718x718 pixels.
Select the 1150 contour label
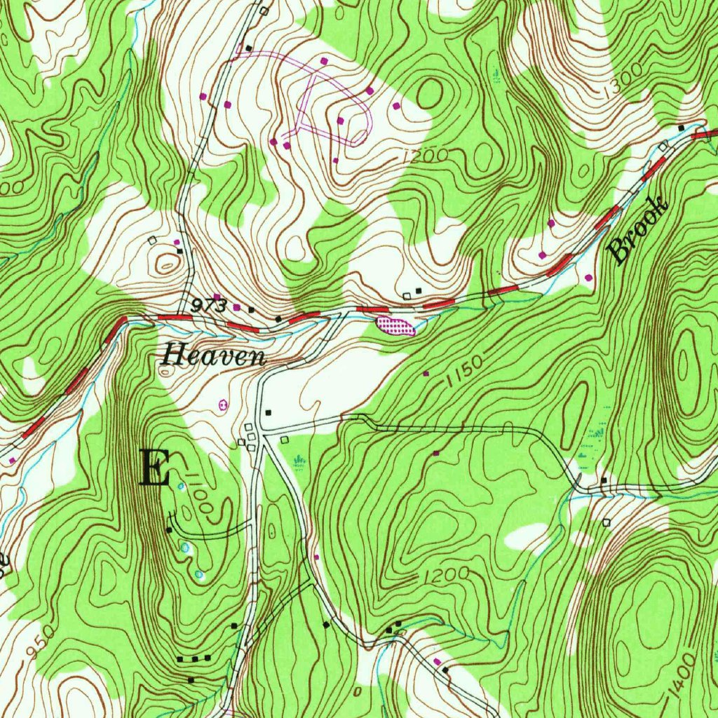coord(464,373)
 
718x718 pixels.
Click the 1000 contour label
coord(200,497)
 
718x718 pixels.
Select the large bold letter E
coord(155,468)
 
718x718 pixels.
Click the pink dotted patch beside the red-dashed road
coord(395,325)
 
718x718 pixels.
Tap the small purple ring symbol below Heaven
coord(223,405)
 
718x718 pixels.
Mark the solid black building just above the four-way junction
coord(268,412)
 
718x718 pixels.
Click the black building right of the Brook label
coord(681,128)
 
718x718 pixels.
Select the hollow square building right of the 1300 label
coord(664,147)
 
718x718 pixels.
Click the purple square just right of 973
coord(237,307)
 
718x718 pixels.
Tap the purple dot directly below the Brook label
coord(588,278)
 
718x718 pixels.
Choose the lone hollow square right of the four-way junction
coord(284,440)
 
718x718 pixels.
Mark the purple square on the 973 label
coord(217,297)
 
